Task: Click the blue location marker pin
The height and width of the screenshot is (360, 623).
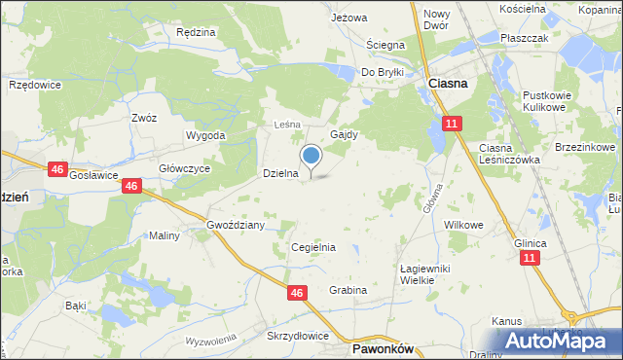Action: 311,156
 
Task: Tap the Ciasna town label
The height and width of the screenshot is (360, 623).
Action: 448,85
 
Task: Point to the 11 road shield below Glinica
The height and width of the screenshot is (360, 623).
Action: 529,258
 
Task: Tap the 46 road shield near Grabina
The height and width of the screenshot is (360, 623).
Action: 299,292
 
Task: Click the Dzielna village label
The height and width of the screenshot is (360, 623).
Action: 280,173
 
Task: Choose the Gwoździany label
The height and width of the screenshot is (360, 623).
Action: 236,225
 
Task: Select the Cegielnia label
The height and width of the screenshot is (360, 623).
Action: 313,247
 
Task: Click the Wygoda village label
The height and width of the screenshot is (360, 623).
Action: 205,135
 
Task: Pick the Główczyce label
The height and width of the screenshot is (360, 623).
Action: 186,167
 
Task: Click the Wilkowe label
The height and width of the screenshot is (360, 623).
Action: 463,225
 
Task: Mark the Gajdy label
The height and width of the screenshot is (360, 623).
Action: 345,135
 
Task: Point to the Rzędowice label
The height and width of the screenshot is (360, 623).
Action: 35,86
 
